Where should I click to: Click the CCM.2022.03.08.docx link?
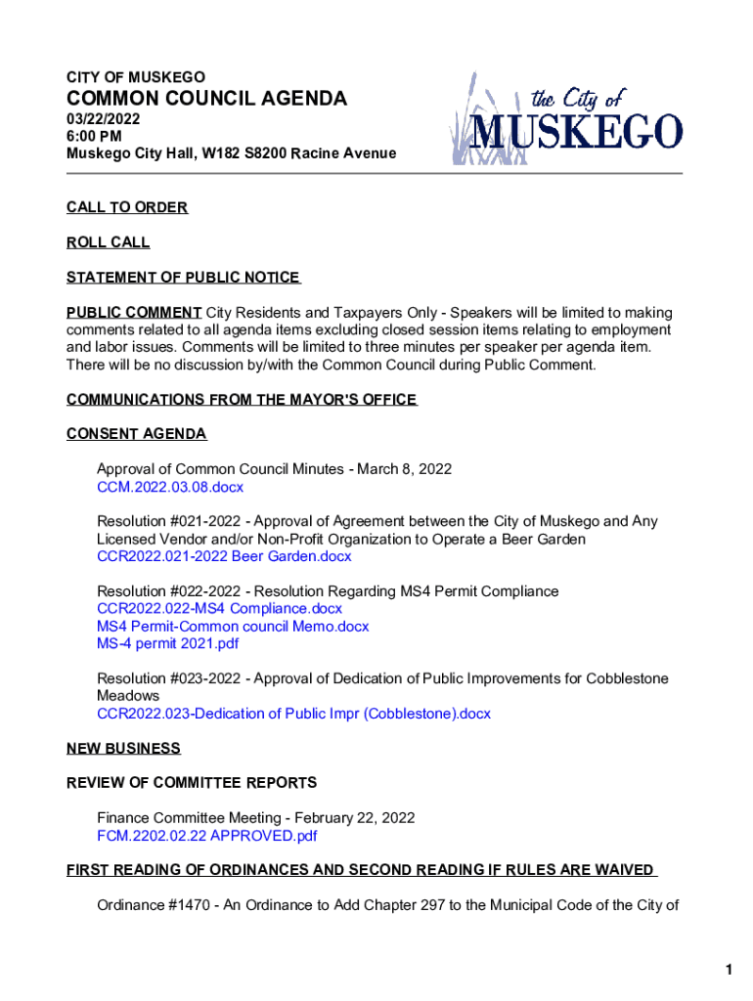tap(169, 487)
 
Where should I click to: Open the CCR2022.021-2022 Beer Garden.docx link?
tap(224, 557)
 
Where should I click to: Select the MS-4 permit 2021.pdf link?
tap(167, 644)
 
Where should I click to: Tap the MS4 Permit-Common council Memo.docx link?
tap(233, 627)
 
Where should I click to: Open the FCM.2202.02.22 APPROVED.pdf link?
tap(206, 836)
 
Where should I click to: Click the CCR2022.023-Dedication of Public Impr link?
tap(293, 714)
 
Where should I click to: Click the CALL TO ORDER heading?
tap(127, 208)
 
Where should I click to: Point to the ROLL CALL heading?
tap(109, 242)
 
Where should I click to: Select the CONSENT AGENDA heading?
tap(136, 434)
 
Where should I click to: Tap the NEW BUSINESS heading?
tap(123, 749)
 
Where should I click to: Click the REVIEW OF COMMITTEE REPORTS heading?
tap(192, 783)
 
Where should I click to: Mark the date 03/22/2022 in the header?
tap(104, 119)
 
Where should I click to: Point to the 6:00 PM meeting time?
tap(94, 137)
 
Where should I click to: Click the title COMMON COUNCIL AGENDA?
tap(206, 99)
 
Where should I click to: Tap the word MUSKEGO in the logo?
tap(578, 131)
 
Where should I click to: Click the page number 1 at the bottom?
tap(729, 970)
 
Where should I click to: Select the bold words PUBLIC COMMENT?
tap(134, 313)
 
